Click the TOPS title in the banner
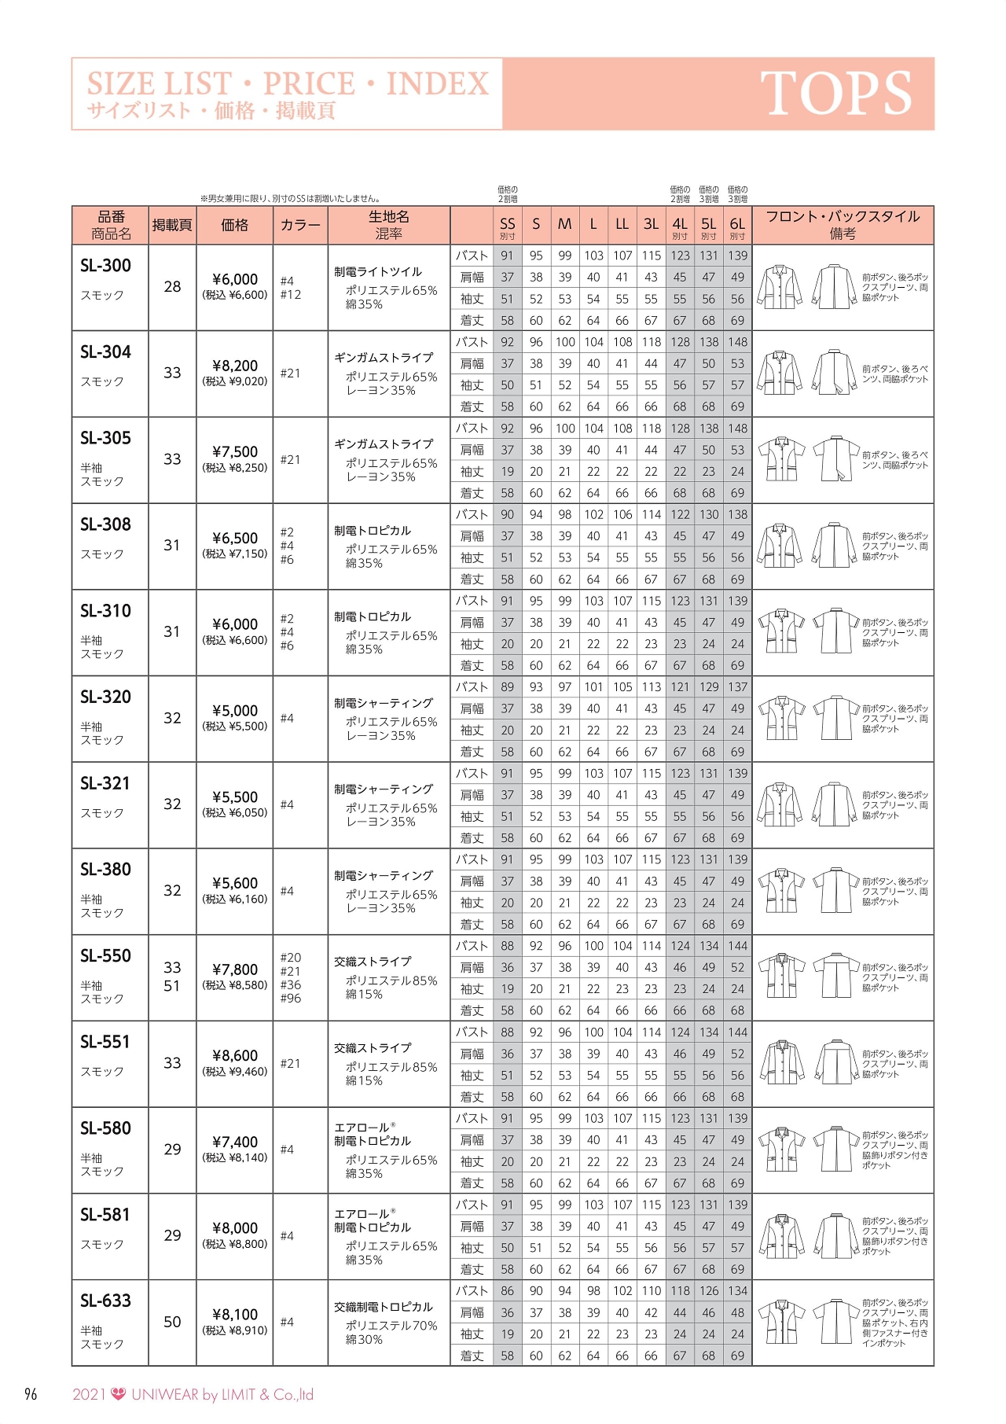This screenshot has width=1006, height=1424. click(x=835, y=94)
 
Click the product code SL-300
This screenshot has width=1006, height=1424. click(x=105, y=266)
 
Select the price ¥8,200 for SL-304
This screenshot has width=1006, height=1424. click(x=235, y=366)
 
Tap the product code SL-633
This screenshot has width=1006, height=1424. click(x=105, y=1301)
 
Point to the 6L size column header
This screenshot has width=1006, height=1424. click(x=737, y=225)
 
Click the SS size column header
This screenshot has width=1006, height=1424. click(x=508, y=225)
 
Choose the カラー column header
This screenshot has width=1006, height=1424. click(x=300, y=226)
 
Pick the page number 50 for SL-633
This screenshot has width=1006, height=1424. click(x=172, y=1323)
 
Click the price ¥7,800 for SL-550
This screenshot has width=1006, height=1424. click(x=235, y=970)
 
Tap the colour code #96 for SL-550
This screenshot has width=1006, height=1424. click(x=291, y=999)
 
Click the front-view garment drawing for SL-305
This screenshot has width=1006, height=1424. click(x=781, y=459)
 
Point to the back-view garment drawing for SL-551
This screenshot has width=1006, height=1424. click(x=836, y=1062)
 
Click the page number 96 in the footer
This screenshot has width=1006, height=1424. click(x=31, y=1395)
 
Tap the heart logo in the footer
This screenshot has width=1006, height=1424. click(x=119, y=1394)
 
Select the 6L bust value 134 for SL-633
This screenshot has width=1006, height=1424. click(x=737, y=1291)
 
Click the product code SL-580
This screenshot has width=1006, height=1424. click(x=105, y=1128)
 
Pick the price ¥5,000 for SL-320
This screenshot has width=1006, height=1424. click(x=235, y=711)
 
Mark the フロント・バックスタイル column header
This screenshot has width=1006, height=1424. click(x=843, y=217)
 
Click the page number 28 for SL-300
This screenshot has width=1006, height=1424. click(x=172, y=287)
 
